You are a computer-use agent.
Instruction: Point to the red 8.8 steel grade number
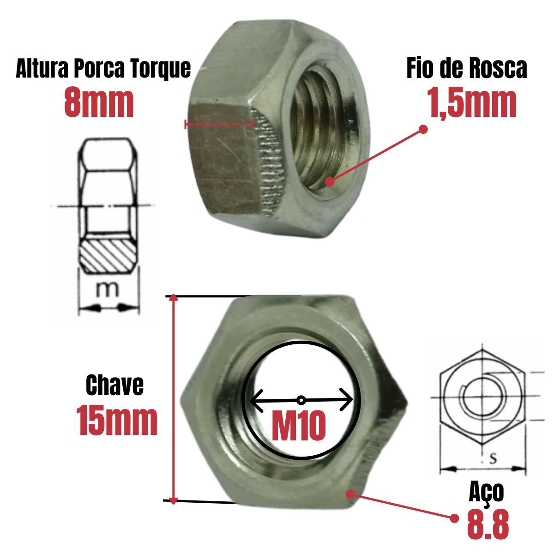click(488, 523)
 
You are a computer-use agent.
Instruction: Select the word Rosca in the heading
click(500, 69)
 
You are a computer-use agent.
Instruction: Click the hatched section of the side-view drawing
click(109, 255)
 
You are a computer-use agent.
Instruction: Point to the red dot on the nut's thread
click(329, 181)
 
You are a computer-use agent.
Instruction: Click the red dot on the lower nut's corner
click(350, 494)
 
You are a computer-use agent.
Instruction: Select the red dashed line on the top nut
click(219, 124)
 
